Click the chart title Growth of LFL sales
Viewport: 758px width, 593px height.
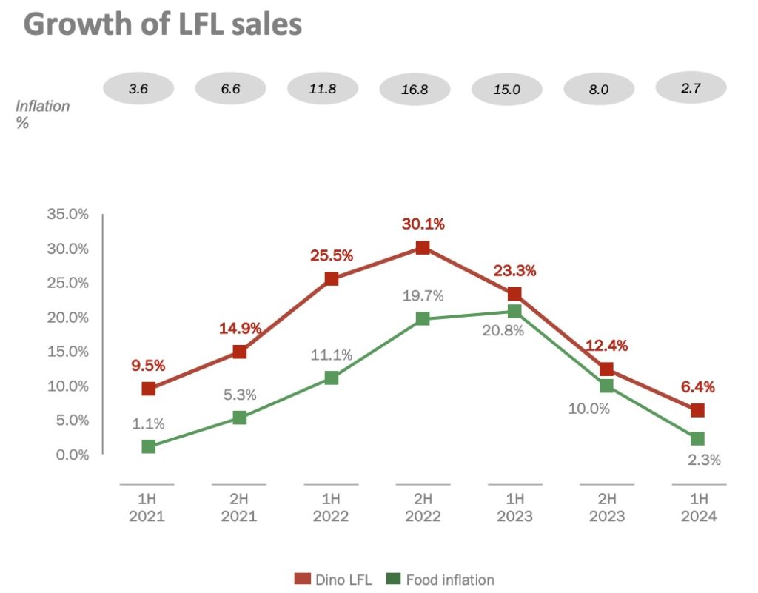163,24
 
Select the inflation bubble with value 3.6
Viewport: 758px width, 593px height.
138,89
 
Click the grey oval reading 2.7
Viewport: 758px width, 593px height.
691,87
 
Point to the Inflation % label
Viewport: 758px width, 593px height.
42,114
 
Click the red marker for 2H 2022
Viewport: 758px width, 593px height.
423,247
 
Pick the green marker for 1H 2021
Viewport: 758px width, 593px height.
149,446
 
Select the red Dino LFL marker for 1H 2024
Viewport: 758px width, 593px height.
697,410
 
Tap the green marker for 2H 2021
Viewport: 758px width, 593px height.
240,418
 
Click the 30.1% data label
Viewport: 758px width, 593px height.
423,224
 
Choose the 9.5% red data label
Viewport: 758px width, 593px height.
149,365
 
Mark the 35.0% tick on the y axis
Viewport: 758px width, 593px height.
68,215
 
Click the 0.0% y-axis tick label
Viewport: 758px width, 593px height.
71,455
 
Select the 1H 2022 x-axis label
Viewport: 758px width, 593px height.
331,507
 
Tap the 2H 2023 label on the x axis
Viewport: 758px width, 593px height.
606,507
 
